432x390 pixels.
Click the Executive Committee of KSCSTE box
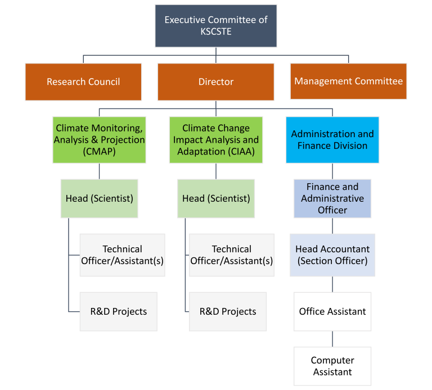(x=216, y=26)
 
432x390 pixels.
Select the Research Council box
(x=83, y=81)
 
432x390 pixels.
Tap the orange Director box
(x=216, y=81)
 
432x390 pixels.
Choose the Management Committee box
(x=348, y=81)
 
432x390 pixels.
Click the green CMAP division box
(x=100, y=140)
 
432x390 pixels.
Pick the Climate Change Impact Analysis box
(x=216, y=140)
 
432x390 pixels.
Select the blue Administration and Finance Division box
(x=332, y=140)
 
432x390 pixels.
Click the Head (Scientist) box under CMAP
(x=100, y=198)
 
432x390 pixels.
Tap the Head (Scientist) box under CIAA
(x=216, y=198)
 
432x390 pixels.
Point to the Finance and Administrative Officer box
(x=332, y=198)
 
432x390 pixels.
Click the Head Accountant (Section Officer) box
(x=332, y=255)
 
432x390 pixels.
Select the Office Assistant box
(x=332, y=311)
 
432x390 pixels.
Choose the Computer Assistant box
(x=332, y=366)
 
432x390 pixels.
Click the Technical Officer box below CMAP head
(x=122, y=255)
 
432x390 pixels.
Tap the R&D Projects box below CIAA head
(x=228, y=311)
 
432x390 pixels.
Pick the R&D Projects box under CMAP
(x=118, y=311)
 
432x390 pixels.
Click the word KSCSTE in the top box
(x=216, y=32)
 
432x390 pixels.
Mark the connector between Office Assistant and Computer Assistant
(x=332, y=339)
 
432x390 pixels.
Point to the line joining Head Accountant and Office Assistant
(x=332, y=284)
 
